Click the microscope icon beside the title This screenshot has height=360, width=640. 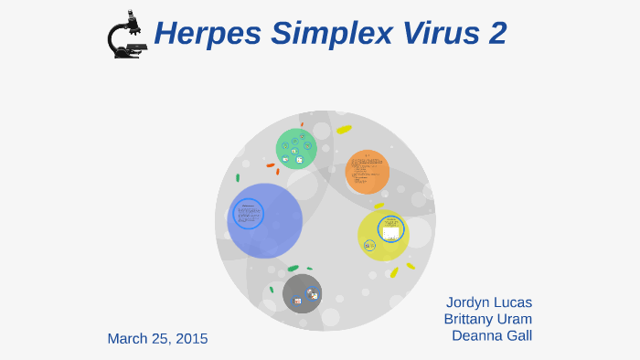[x=125, y=35]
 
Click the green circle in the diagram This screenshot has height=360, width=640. [x=296, y=149]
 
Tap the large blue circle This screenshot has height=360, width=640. [x=265, y=220]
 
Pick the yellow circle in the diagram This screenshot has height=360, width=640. [x=382, y=235]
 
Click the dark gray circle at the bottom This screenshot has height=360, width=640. [x=302, y=293]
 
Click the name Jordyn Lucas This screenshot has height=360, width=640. [x=488, y=302]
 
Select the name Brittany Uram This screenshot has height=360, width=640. [x=487, y=319]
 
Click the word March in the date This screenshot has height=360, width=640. [x=128, y=339]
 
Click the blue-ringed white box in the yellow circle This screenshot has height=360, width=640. [x=391, y=228]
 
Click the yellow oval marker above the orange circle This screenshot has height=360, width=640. [x=344, y=130]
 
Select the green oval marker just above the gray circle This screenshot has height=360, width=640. [x=293, y=269]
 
